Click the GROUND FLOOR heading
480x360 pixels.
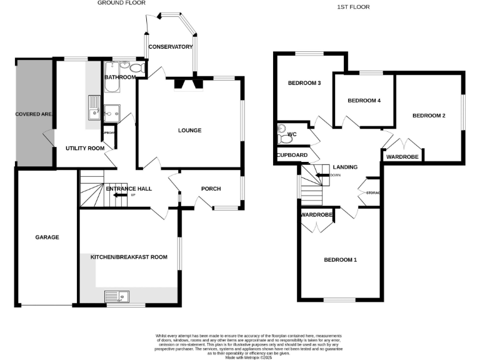[121, 3]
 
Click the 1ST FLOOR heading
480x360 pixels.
[354, 7]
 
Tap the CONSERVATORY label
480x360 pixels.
[171, 47]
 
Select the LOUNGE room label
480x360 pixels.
[189, 131]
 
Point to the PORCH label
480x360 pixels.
[211, 189]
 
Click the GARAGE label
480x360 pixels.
[47, 237]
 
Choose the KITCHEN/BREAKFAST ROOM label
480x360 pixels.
[129, 257]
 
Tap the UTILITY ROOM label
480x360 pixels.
[85, 149]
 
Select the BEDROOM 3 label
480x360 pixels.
[304, 83]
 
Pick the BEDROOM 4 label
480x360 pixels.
[364, 101]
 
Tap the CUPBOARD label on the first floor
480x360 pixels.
[292, 155]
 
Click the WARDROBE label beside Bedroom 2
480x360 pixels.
[402, 157]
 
